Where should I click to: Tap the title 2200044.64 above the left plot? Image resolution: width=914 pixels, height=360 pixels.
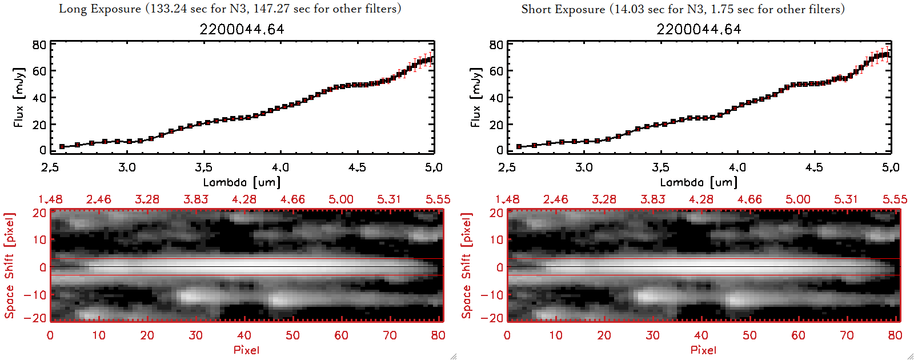(242, 29)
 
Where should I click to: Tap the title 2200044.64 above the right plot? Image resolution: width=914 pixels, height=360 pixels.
(699, 29)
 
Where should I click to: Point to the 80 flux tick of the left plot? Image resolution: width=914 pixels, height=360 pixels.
(39, 45)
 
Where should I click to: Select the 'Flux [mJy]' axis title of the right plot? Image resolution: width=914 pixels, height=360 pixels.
(476, 97)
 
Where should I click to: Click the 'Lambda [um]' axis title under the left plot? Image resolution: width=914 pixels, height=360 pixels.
(242, 182)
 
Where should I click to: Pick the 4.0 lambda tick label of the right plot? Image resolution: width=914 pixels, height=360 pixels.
(737, 167)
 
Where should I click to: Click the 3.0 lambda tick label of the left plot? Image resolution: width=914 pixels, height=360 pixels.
(127, 167)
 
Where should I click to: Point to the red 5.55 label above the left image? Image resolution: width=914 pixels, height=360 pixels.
(438, 199)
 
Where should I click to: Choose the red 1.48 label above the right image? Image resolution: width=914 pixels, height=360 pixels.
(507, 199)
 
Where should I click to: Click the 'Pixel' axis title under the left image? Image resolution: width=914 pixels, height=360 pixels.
(246, 350)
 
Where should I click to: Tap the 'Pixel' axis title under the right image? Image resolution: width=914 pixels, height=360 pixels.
(703, 350)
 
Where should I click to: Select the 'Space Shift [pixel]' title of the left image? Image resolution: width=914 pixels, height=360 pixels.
(10, 266)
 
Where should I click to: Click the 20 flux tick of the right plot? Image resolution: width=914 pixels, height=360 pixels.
(496, 125)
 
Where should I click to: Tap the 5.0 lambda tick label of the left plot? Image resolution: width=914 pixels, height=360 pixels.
(434, 167)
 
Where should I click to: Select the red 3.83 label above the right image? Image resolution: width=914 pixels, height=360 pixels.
(652, 199)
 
